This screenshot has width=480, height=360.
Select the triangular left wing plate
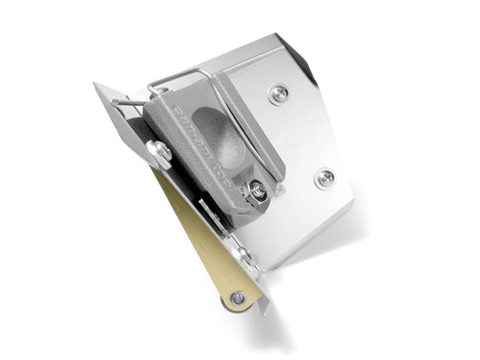coord(120,120)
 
